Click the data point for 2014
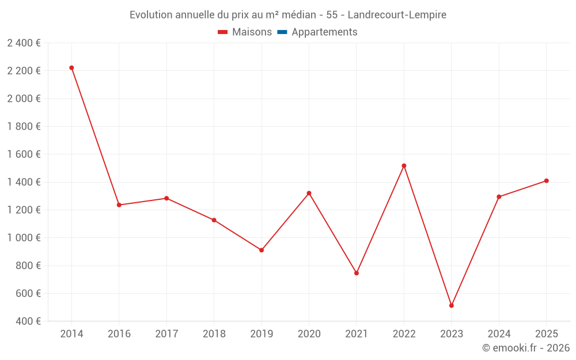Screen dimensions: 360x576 [71, 68]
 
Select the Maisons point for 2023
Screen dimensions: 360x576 [452, 305]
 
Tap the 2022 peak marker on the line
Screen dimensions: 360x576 [404, 166]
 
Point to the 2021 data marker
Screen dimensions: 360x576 [357, 273]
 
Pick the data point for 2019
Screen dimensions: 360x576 [262, 250]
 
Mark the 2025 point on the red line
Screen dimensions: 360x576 [547, 181]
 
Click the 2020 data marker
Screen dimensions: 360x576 [309, 193]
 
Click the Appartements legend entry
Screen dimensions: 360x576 [324, 32]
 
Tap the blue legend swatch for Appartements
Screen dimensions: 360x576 [282, 32]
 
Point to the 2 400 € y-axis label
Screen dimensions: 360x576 [24, 43]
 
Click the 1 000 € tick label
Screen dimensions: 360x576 [24, 238]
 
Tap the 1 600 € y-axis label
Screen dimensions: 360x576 [24, 154]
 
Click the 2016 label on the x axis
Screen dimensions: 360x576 [119, 334]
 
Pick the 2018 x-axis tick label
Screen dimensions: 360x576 [214, 334]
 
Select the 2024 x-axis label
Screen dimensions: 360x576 [499, 334]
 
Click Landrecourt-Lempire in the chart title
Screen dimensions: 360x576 [397, 15]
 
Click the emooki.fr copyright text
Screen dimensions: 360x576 [526, 348]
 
